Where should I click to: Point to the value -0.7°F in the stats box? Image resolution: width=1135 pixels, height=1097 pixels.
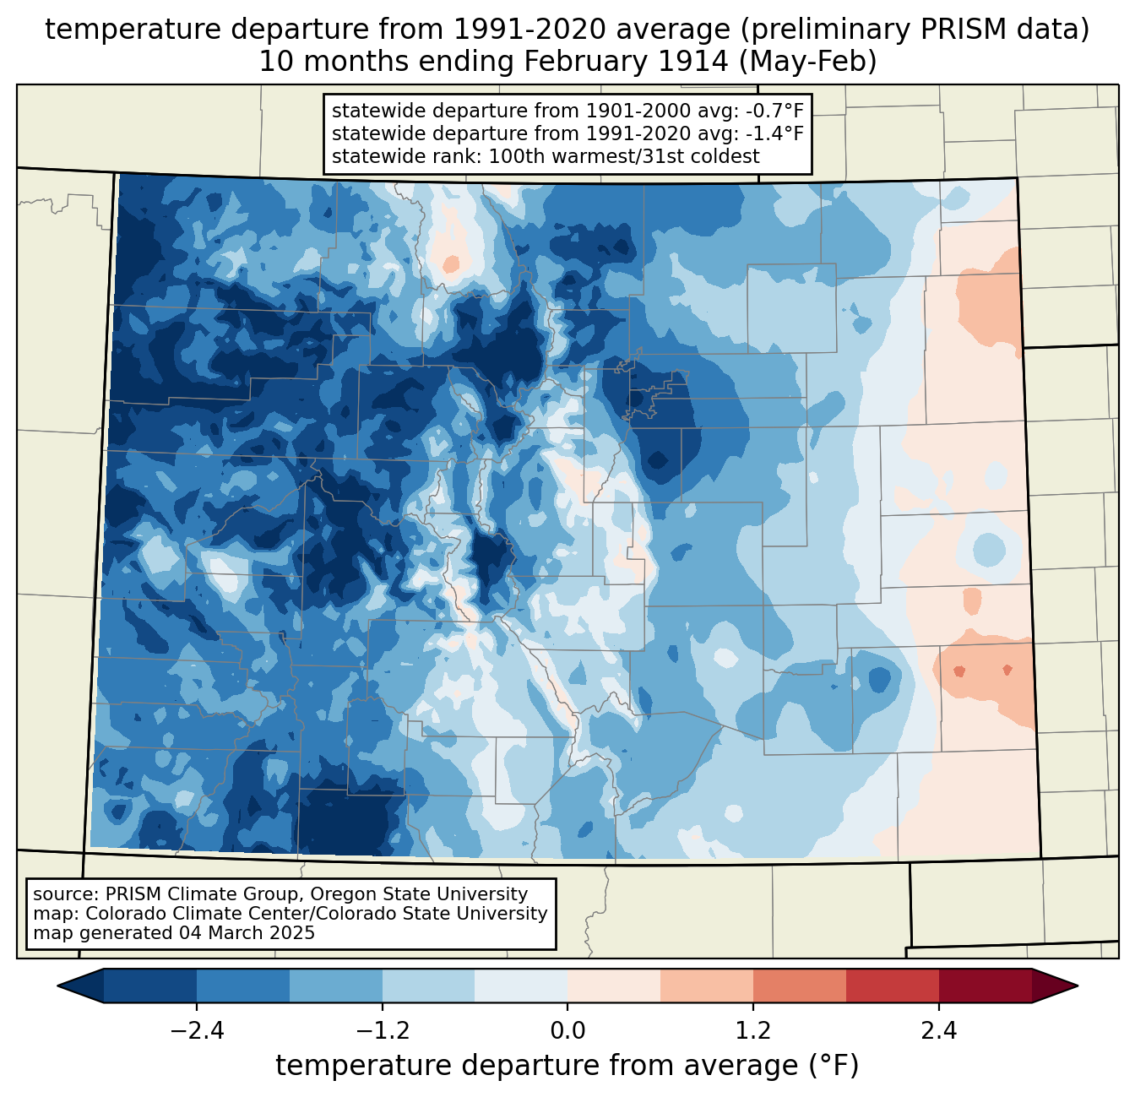[772, 111]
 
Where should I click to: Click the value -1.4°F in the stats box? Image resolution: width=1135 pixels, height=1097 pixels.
[772, 133]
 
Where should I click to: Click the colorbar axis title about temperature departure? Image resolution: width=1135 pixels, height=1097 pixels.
[567, 1066]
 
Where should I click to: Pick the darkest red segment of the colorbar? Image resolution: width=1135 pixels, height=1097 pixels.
[985, 986]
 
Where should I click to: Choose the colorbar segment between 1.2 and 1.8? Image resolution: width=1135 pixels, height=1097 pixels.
[799, 986]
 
